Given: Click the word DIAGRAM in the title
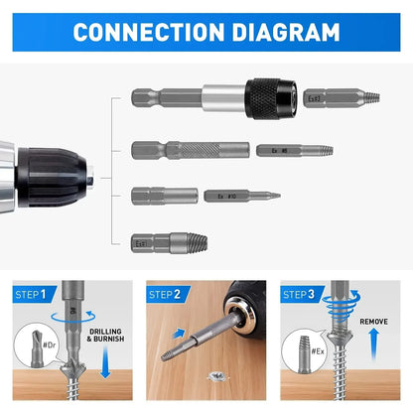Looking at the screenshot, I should click(285, 32).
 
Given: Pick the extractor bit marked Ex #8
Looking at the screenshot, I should click(293, 150).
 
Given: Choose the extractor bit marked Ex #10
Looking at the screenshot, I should click(241, 197).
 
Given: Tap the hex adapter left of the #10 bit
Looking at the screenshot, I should click(164, 196).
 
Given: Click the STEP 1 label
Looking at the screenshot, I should click(33, 295).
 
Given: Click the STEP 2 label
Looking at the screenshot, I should click(166, 295).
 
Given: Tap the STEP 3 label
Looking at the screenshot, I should click(300, 295).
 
